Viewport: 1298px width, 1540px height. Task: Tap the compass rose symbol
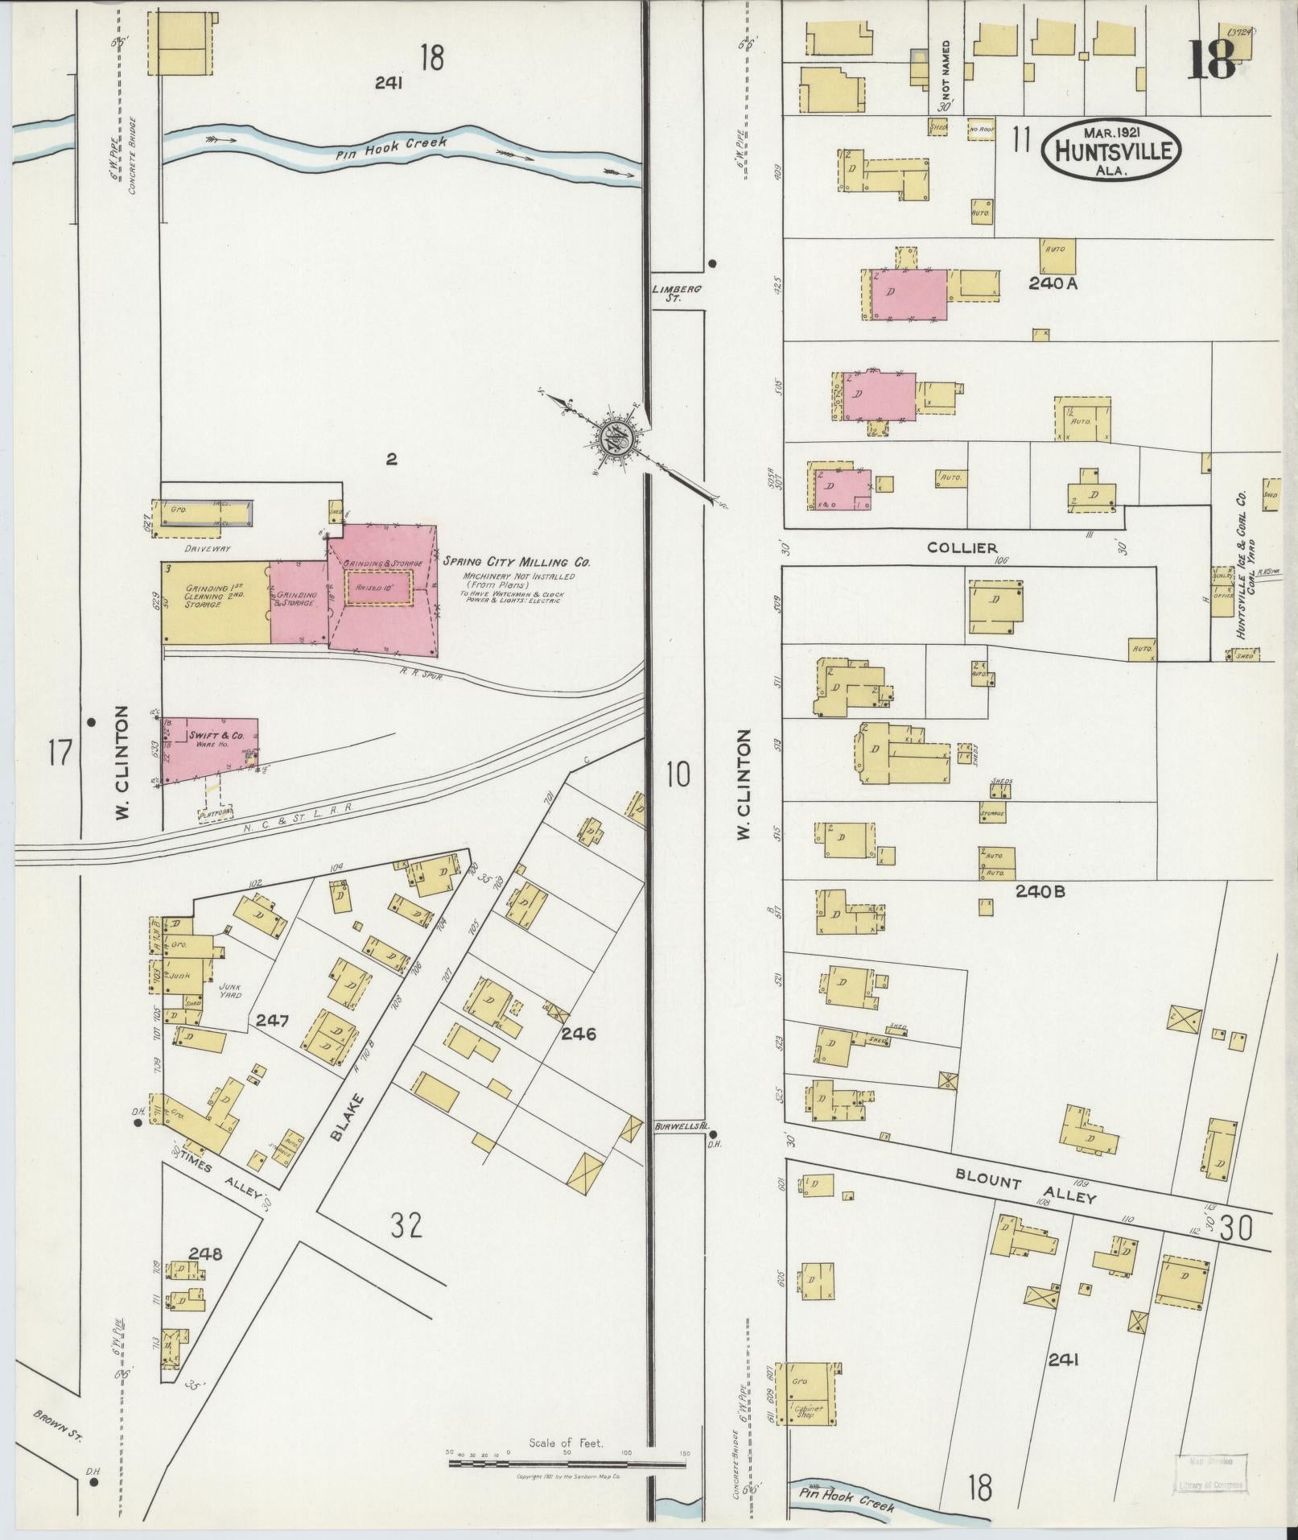[617, 439]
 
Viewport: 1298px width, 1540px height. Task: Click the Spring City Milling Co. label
[516, 562]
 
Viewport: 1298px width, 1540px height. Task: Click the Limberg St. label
[667, 293]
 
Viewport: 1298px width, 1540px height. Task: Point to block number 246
[579, 1034]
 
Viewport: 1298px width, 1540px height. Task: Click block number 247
[272, 1021]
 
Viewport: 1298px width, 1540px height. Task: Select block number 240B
[1040, 891]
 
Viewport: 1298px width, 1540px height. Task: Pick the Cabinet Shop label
[805, 1410]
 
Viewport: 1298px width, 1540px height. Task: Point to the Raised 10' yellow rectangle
[378, 588]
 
